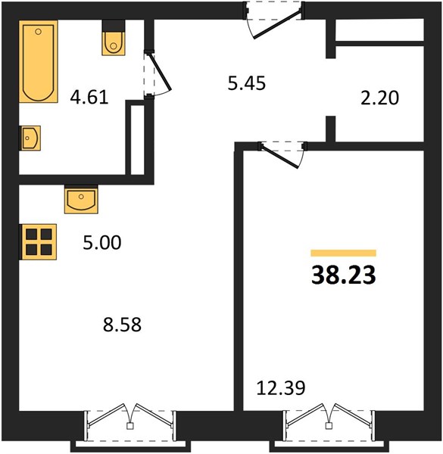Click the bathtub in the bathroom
(x=39, y=61)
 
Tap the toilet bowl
(x=114, y=43)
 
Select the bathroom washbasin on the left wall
(x=30, y=138)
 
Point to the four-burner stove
(x=38, y=242)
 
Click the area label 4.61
(x=89, y=97)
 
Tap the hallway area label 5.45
(x=247, y=83)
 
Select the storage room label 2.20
(x=380, y=98)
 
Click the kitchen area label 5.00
(x=102, y=243)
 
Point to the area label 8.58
(x=122, y=325)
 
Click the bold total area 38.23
(x=344, y=275)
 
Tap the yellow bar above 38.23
(x=344, y=253)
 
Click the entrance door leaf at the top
(x=278, y=24)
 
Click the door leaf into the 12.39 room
(x=280, y=157)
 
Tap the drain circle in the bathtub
(x=39, y=32)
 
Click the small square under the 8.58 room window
(x=130, y=426)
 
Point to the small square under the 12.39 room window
(x=329, y=425)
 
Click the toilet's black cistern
(x=114, y=26)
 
